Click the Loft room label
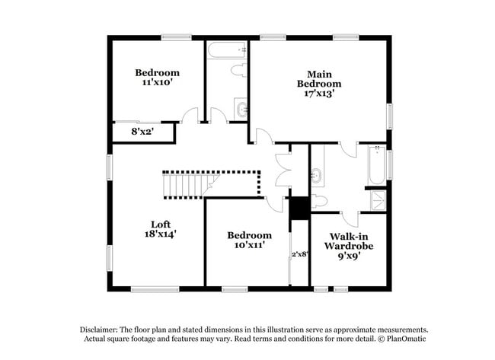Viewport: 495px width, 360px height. [160, 224]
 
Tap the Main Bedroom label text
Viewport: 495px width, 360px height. [319, 78]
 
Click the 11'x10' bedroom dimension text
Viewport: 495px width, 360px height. [158, 83]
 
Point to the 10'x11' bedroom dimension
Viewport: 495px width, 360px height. [249, 246]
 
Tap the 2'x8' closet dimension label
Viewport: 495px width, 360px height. [300, 254]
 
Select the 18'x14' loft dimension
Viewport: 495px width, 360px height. [160, 234]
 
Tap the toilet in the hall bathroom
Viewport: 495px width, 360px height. [239, 71]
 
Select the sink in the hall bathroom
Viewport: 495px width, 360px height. [241, 110]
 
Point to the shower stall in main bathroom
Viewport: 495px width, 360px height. [376, 200]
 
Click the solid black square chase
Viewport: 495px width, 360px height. [300, 207]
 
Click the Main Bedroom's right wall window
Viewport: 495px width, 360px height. [390, 115]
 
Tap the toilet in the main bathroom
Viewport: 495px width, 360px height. [319, 201]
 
